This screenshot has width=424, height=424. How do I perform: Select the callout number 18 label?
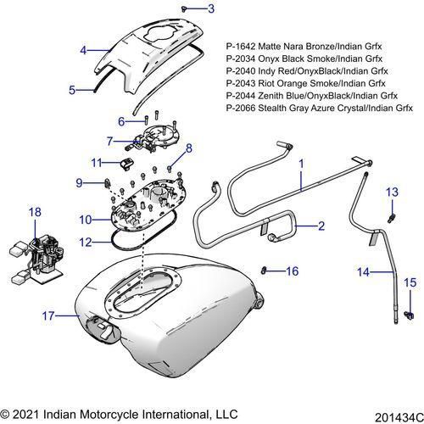pos(35,211)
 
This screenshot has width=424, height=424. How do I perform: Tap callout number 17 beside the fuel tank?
pos(47,315)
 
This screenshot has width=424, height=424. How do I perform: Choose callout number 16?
pos(293,271)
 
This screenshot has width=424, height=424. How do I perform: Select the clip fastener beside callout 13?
pos(391,216)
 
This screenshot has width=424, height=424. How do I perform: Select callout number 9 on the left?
pos(80,181)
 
